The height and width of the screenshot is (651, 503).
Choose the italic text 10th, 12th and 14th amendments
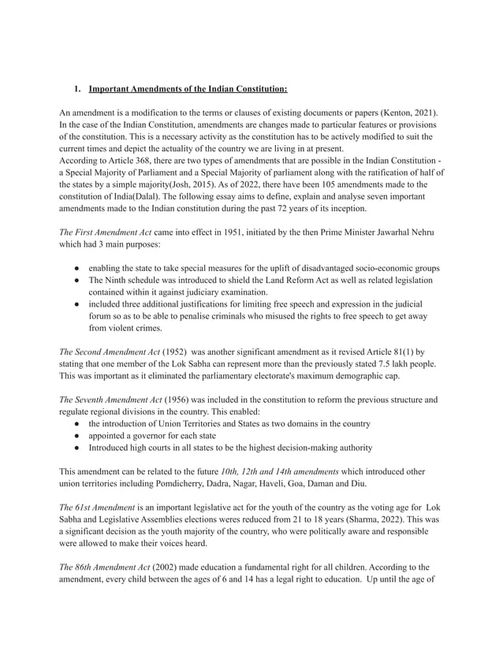click(286, 471)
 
